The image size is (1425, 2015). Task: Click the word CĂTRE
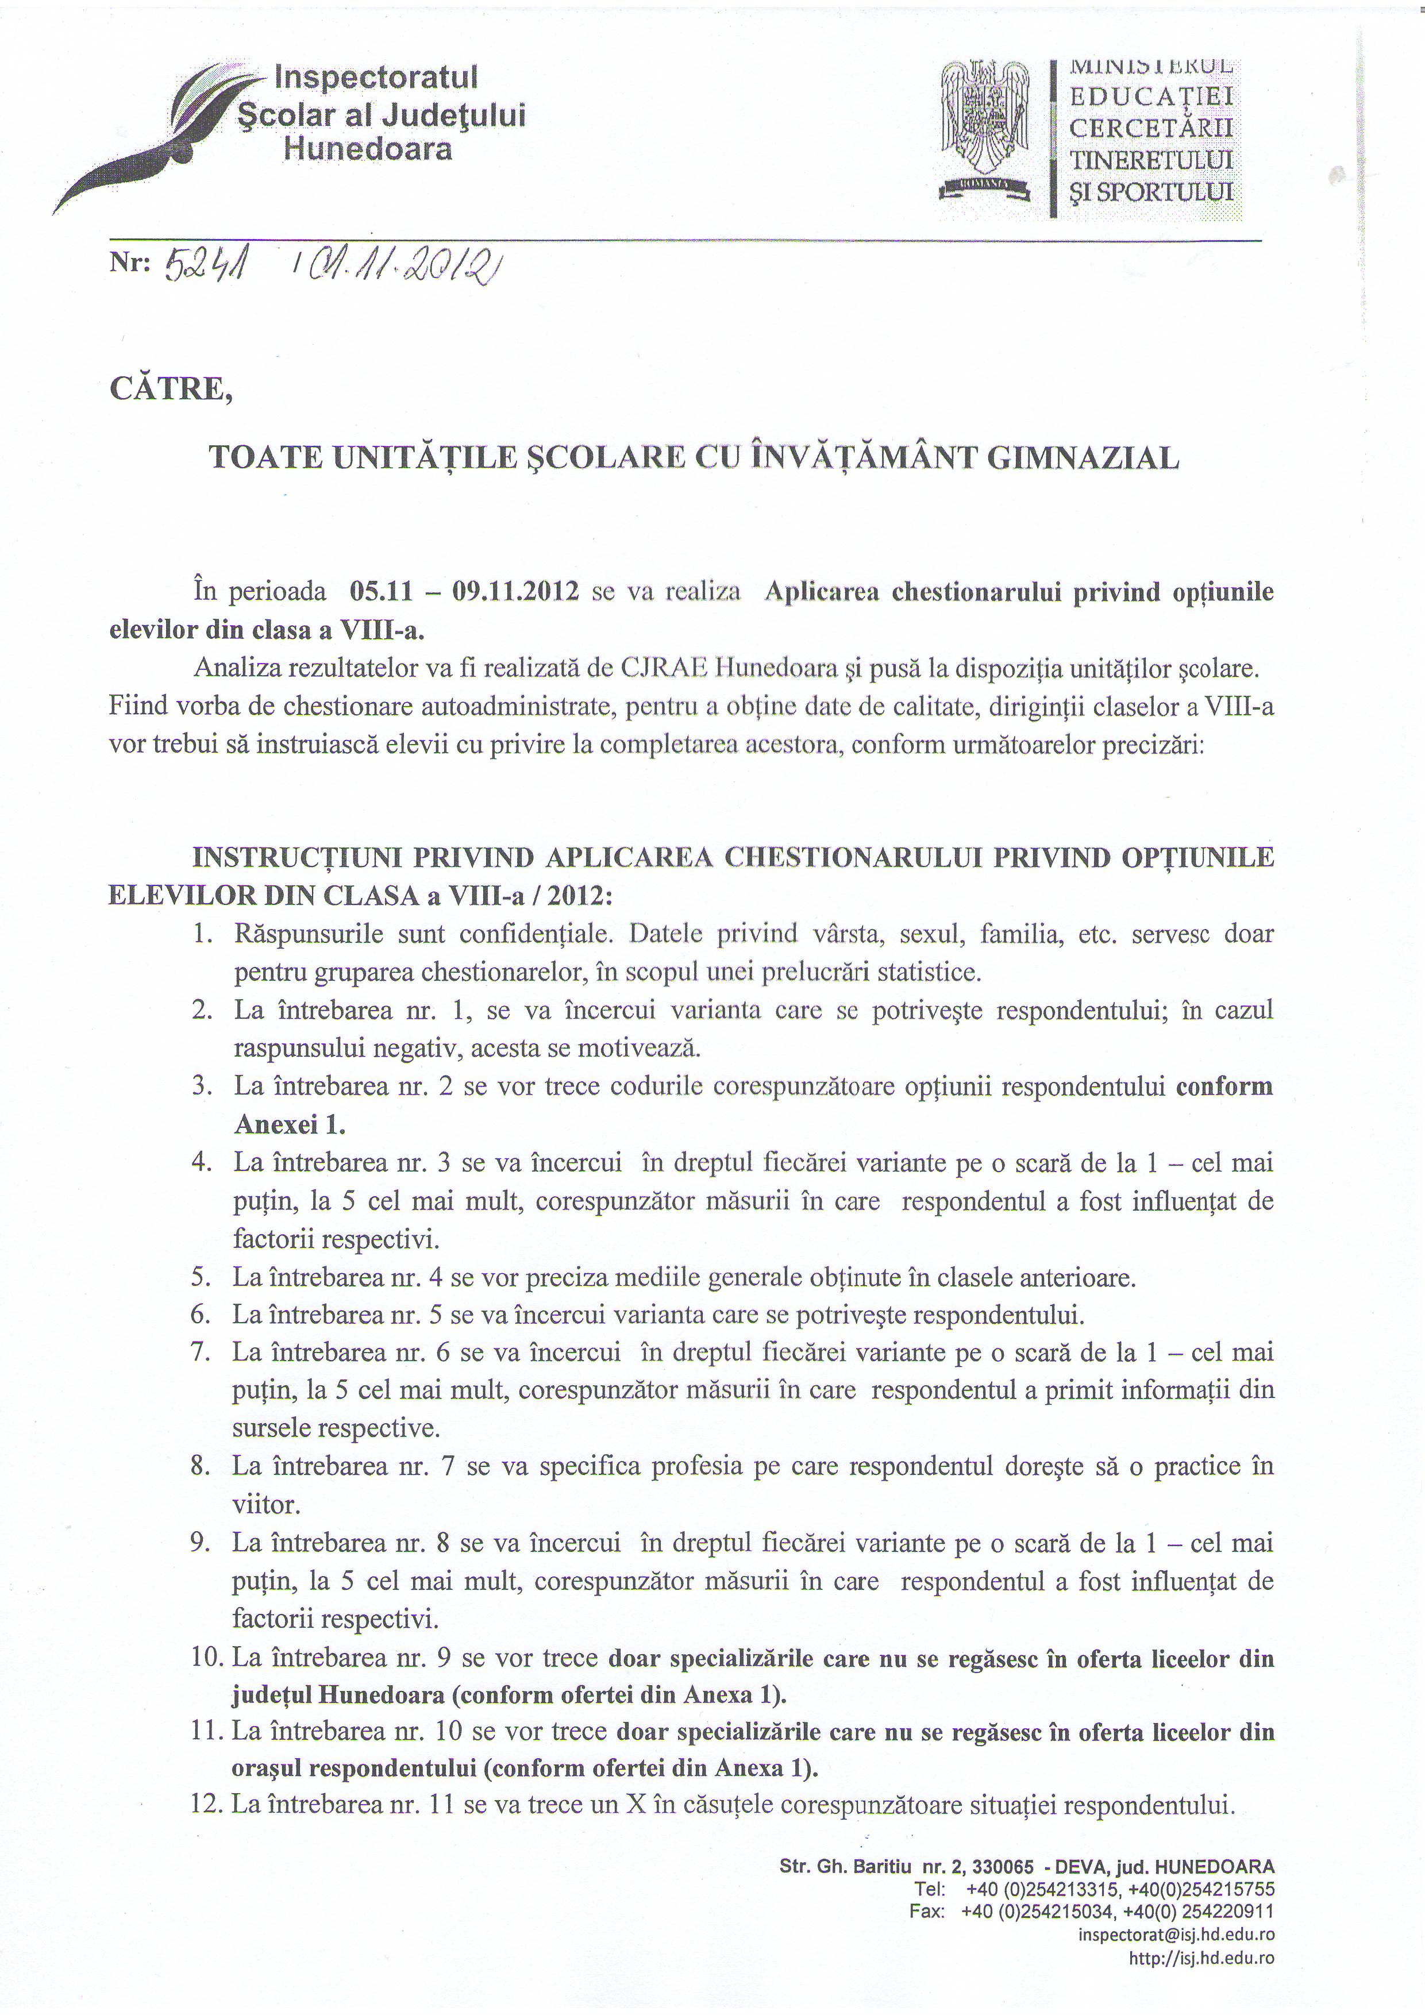tap(171, 389)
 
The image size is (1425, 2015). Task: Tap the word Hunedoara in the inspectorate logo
tap(368, 149)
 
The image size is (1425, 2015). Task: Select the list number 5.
tap(201, 1277)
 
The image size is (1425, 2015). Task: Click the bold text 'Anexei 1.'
tap(290, 1124)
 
